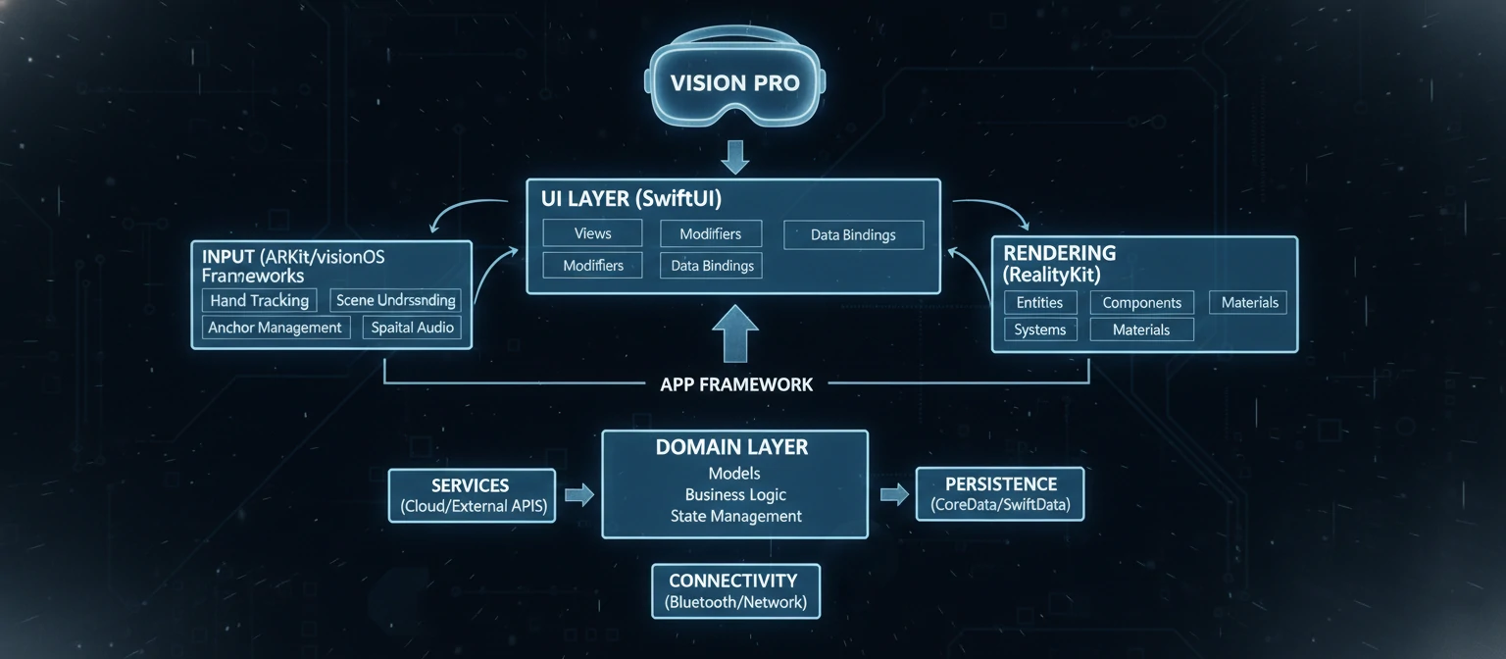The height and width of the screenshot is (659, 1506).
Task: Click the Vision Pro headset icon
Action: (735, 82)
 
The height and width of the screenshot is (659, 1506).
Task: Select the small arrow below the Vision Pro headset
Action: (734, 156)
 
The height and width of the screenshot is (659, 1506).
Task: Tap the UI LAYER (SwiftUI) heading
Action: (631, 198)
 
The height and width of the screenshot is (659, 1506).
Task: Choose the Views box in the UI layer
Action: (592, 233)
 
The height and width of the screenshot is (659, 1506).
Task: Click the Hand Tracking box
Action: (259, 300)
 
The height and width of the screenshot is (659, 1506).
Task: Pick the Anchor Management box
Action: (275, 328)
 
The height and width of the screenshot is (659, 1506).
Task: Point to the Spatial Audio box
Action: (413, 328)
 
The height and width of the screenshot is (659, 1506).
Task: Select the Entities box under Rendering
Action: (1040, 303)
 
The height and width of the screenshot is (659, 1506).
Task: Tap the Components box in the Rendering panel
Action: (1141, 303)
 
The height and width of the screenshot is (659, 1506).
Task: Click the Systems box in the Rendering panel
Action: (1040, 329)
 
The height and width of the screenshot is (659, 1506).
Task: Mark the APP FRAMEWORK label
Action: (736, 384)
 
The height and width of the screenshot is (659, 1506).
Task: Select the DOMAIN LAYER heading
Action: (733, 448)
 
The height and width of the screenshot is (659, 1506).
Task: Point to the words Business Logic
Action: (734, 495)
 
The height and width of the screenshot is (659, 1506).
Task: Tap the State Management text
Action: (735, 516)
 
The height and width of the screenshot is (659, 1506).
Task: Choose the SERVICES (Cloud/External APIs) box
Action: (472, 495)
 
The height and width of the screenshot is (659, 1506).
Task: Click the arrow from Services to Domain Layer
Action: (579, 494)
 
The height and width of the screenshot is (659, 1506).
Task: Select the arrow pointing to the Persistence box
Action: (894, 494)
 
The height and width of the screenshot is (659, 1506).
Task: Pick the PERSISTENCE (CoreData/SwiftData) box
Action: (1000, 494)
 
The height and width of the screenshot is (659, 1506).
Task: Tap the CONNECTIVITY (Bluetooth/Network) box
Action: (735, 590)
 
